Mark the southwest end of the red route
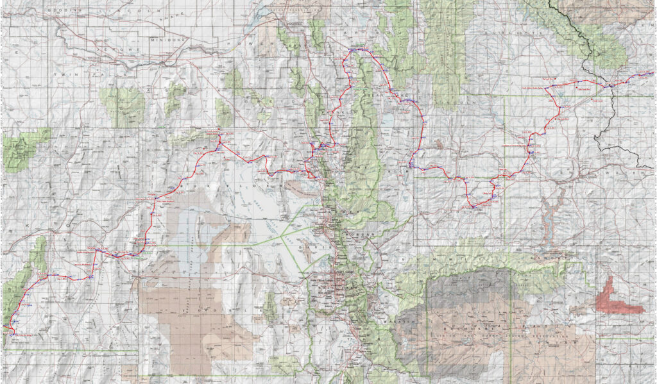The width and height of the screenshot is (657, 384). point(11,331)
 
